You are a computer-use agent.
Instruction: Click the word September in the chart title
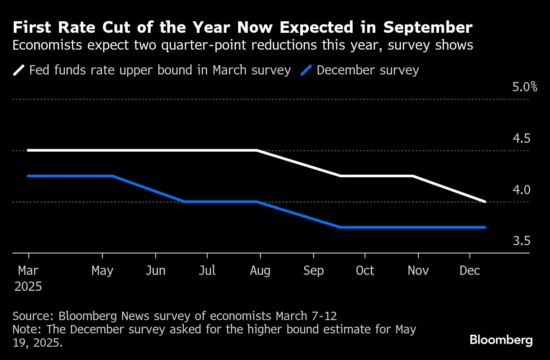[x=428, y=28]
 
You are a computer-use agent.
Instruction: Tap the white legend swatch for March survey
[x=20, y=70]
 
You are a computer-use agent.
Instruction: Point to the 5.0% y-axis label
[x=525, y=86]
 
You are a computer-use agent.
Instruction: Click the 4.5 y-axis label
[x=521, y=138]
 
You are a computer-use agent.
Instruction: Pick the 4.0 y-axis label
[x=521, y=190]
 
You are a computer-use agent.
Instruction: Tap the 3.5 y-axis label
[x=521, y=241]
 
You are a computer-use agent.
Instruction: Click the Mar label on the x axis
[x=28, y=270]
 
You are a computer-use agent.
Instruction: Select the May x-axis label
[x=102, y=270]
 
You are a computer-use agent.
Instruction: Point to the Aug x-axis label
[x=260, y=270]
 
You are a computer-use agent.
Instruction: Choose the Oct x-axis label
[x=365, y=270]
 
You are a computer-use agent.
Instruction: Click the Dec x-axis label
[x=470, y=270]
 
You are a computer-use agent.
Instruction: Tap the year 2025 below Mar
[x=28, y=286]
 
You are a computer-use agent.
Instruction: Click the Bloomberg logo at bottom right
[x=501, y=340]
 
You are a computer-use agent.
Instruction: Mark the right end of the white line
[x=485, y=202]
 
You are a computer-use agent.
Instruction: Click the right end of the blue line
[x=485, y=227]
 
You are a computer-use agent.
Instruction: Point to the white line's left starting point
[x=28, y=150]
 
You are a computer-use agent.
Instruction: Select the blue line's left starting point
[x=28, y=176]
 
